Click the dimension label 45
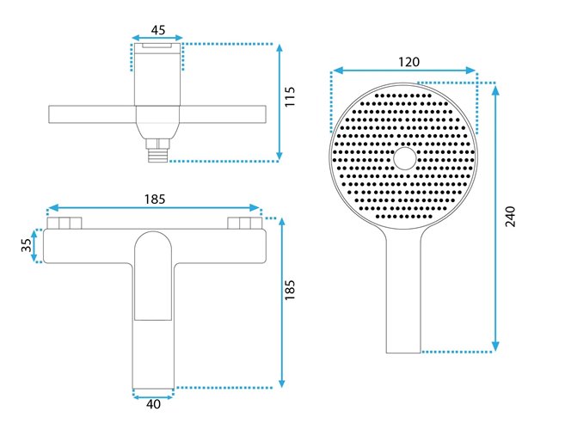pyautogui.click(x=158, y=30)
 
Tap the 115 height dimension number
pyautogui.click(x=290, y=96)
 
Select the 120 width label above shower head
pyautogui.click(x=409, y=62)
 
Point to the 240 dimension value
pyautogui.click(x=510, y=216)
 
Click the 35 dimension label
pyautogui.click(x=27, y=245)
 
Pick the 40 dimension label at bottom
pyautogui.click(x=153, y=404)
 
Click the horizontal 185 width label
pyautogui.click(x=155, y=199)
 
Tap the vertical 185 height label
pyautogui.click(x=290, y=290)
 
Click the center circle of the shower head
pyautogui.click(x=405, y=158)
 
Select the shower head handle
pyautogui.click(x=403, y=292)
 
